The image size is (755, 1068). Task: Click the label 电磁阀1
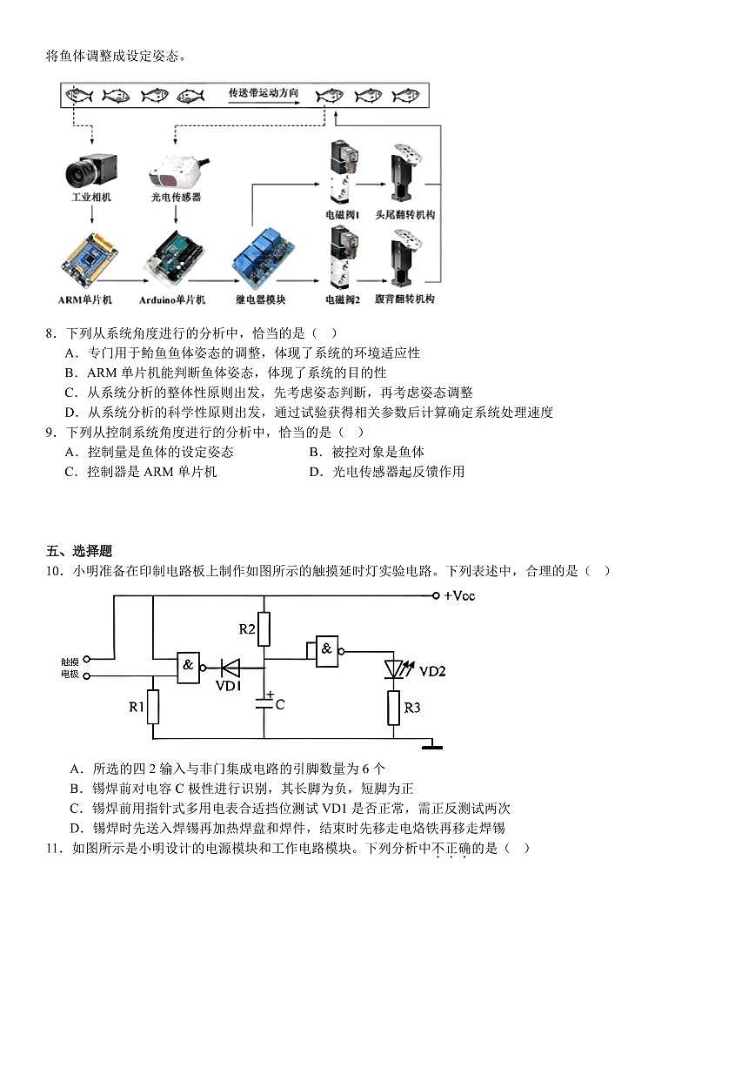pos(343,215)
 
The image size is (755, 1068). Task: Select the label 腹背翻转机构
pos(404,299)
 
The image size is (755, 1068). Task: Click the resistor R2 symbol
pos(264,628)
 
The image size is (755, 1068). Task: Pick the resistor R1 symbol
pos(153,707)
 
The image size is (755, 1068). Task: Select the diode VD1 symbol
pos(231,668)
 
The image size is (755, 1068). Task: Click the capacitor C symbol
pos(264,704)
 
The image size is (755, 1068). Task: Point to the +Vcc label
pos(459,596)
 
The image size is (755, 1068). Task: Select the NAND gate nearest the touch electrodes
pos(189,668)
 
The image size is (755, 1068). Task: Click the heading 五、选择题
pos(79,551)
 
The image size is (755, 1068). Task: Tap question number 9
pos(50,432)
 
